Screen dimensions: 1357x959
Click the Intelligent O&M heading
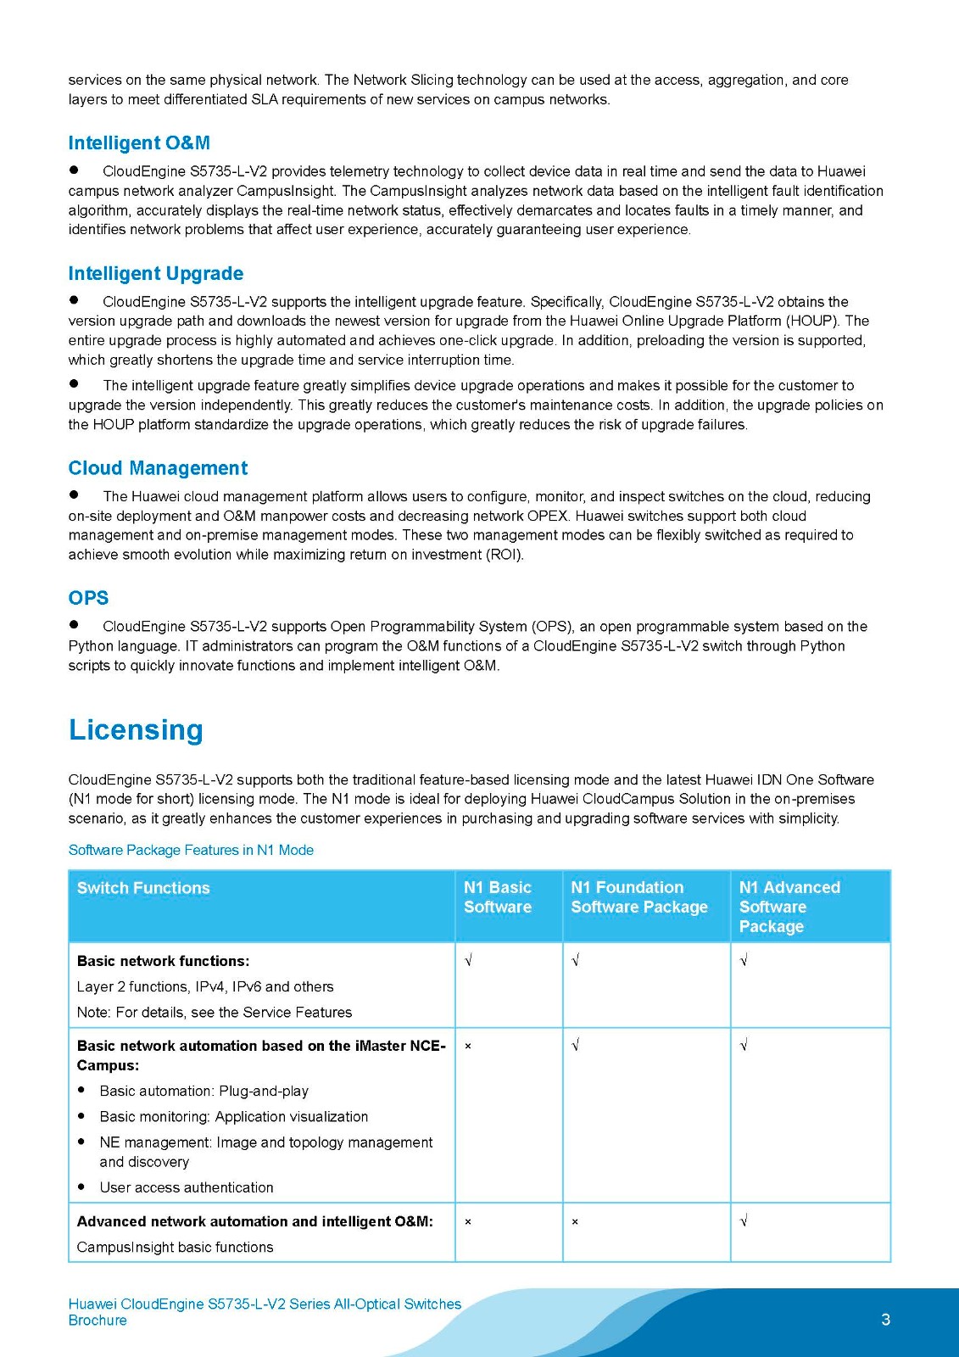139,143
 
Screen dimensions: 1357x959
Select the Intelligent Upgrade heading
156,274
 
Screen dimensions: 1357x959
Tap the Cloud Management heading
158,468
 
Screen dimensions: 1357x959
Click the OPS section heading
88,598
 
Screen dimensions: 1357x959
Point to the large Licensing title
136,730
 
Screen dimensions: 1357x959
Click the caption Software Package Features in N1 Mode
191,850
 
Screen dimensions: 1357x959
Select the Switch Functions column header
143,888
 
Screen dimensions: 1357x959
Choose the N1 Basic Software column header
498,897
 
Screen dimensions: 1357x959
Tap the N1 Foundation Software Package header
639,897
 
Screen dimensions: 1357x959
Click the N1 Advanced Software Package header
789,907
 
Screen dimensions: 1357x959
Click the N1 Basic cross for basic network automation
468,1047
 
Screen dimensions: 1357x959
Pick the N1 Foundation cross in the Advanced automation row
575,1222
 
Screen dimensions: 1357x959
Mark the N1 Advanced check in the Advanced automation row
744,1221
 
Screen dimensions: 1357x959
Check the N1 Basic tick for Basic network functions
468,961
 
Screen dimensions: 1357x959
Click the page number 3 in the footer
885,1320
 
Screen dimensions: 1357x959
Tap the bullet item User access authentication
187,1187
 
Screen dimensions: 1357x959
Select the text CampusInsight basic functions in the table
175,1247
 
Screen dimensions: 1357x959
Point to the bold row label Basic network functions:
163,961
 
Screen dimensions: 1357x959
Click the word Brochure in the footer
98,1321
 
